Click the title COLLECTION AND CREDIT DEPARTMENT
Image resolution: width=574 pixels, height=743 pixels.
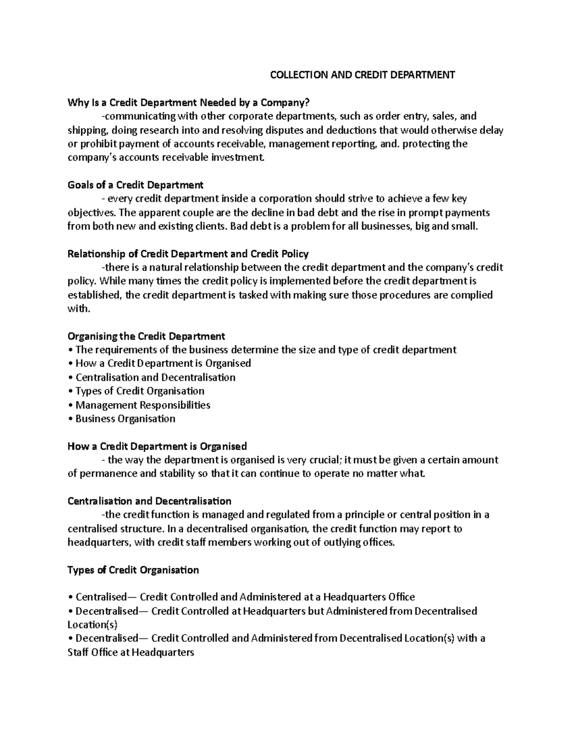pyautogui.click(x=363, y=75)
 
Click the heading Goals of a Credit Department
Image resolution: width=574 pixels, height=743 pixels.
pyautogui.click(x=135, y=185)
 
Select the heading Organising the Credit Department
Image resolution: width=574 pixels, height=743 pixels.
pyautogui.click(x=146, y=336)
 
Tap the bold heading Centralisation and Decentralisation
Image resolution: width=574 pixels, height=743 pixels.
pyautogui.click(x=149, y=501)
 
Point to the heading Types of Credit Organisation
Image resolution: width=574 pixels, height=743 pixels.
pyautogui.click(x=133, y=570)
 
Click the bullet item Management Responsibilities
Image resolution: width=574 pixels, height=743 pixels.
pyautogui.click(x=143, y=405)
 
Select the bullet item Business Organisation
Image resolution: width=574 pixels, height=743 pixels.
pyautogui.click(x=125, y=419)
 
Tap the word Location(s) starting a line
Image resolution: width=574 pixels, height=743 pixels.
pyautogui.click(x=92, y=625)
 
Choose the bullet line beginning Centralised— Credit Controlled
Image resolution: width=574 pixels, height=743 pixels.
pyautogui.click(x=242, y=597)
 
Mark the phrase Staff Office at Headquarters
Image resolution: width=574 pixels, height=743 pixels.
pyautogui.click(x=131, y=652)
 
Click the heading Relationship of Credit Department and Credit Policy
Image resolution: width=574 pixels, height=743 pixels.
pyautogui.click(x=188, y=254)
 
